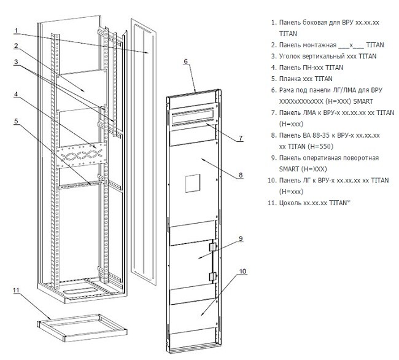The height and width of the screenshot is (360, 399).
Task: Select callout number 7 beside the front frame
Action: click(x=240, y=138)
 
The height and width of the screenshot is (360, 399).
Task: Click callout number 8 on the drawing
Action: click(x=241, y=175)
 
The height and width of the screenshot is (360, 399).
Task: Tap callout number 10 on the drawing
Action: click(x=242, y=270)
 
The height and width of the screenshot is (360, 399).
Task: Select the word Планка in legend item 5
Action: click(x=293, y=79)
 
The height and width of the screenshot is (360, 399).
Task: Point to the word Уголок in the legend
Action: click(x=293, y=56)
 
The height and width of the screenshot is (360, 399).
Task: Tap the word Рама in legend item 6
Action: click(x=289, y=90)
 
